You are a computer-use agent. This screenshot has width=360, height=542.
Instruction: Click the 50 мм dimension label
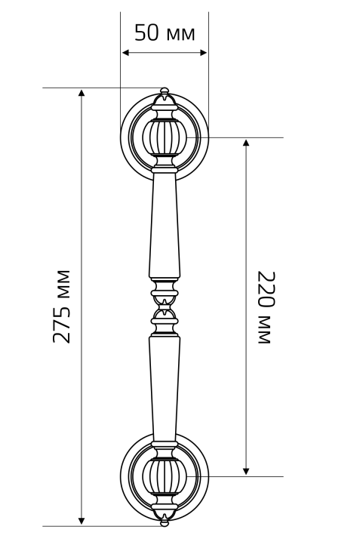click(165, 33)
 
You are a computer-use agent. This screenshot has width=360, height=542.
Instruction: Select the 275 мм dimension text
click(61, 306)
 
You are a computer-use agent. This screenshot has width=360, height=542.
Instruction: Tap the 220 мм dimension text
click(267, 307)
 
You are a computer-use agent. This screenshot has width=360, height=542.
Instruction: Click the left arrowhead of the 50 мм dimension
click(125, 53)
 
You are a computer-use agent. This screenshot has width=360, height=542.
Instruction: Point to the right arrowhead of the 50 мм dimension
click(204, 53)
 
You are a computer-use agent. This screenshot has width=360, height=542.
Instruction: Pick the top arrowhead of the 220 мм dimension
click(246, 143)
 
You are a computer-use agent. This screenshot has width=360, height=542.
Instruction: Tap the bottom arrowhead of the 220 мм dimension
click(246, 471)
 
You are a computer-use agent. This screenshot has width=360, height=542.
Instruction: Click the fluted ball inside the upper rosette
click(165, 137)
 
